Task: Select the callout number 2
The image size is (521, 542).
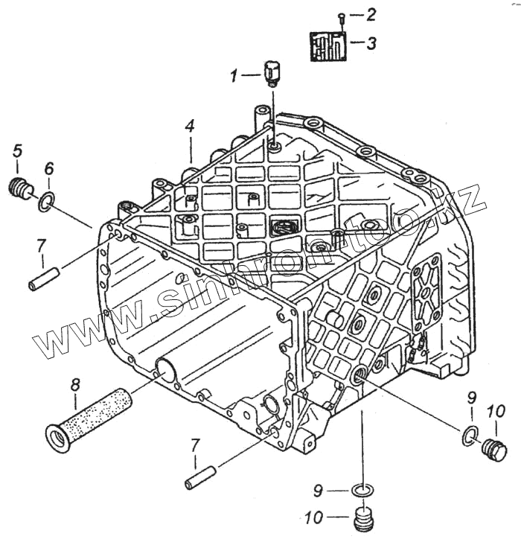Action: pos(370,14)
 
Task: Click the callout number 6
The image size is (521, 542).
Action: pos(48,169)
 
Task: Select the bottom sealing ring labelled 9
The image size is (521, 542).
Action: pos(361,492)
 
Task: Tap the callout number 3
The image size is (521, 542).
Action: pos(370,42)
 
